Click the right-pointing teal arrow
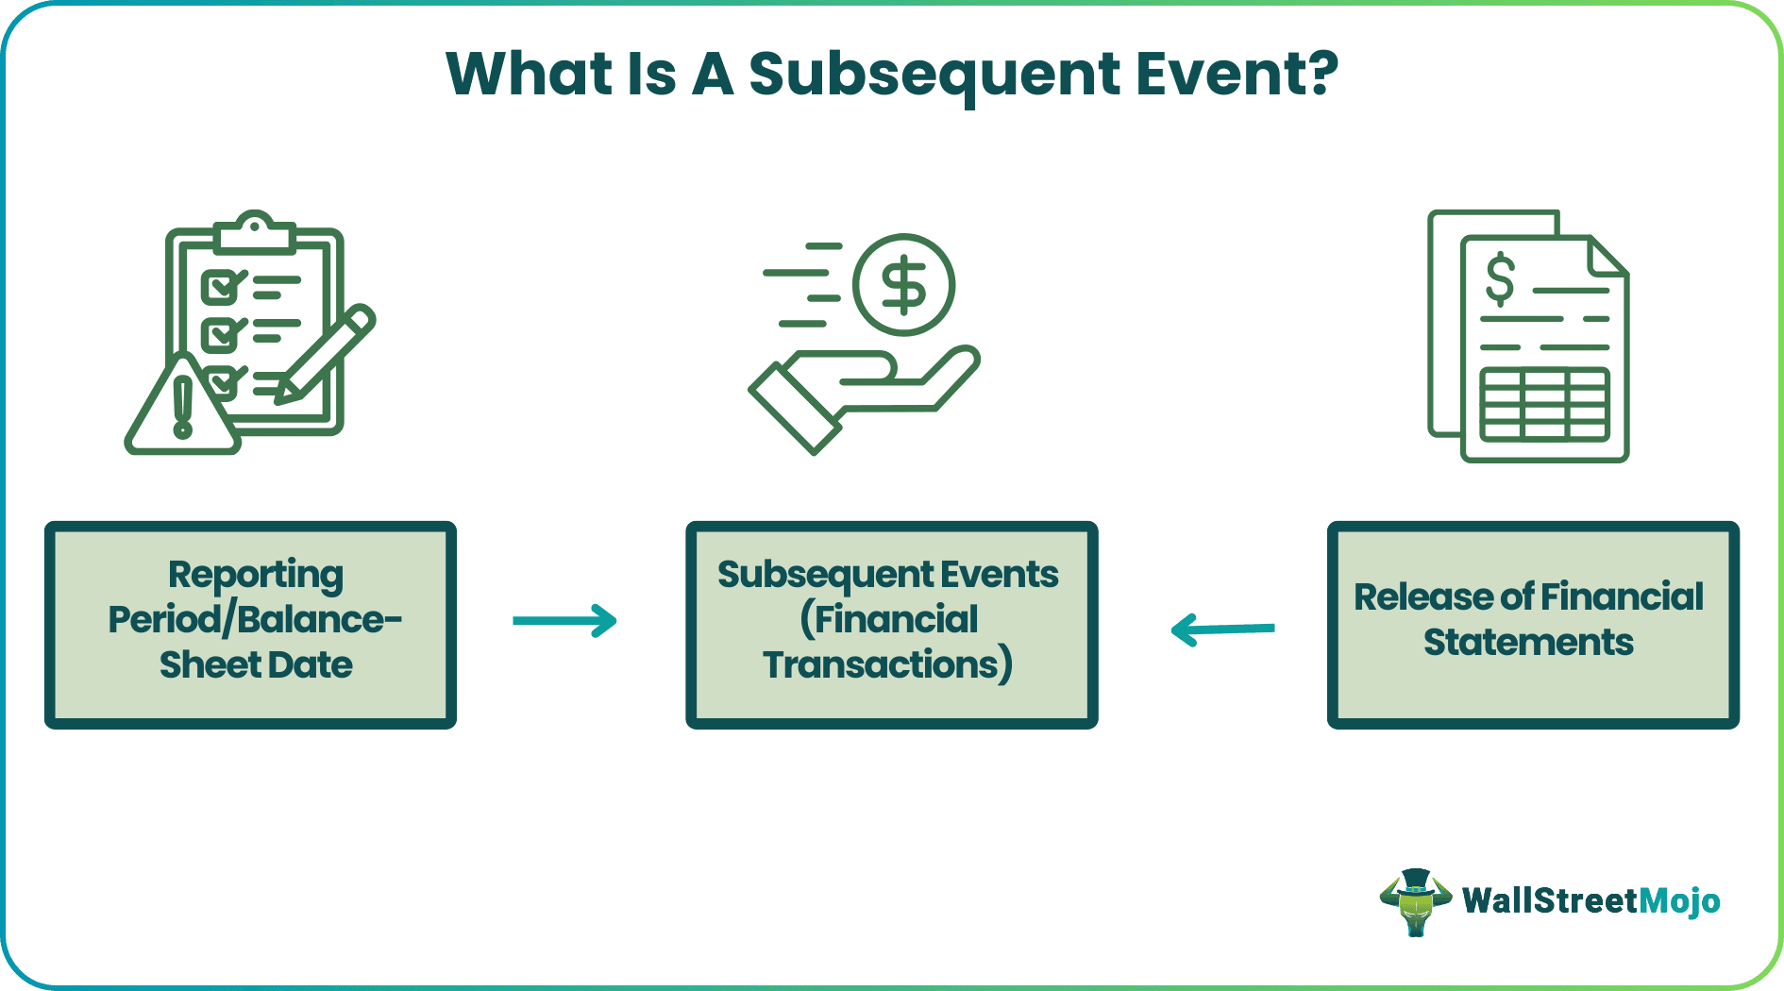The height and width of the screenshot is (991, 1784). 564,621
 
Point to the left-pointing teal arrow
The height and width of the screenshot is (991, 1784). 1222,629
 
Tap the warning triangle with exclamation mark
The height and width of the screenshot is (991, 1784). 182,405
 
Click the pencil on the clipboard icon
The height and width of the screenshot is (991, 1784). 326,355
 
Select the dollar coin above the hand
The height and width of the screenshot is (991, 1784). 903,285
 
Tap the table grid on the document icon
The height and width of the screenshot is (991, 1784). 1545,405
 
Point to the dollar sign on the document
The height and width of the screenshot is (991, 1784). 1500,280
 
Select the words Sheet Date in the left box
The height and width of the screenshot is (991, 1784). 256,665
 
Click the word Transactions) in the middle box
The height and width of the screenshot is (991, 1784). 888,665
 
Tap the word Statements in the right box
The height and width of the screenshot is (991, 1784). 1528,643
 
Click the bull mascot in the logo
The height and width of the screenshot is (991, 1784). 1415,901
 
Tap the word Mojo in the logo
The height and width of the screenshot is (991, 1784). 1679,901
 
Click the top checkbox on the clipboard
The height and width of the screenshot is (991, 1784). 221,286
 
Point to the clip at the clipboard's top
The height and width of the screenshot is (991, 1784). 254,232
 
